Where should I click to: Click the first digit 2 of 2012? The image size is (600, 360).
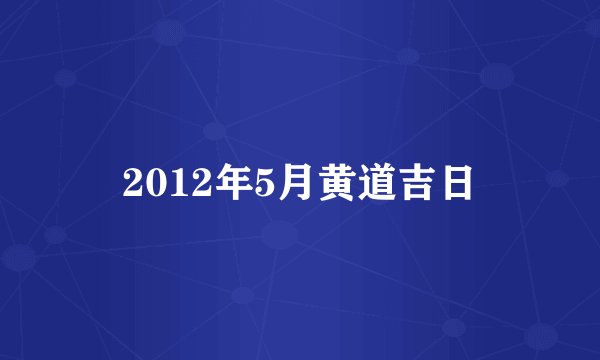(x=133, y=183)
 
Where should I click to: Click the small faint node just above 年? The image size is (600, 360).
(x=213, y=130)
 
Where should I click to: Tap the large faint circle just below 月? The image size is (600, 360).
(x=279, y=236)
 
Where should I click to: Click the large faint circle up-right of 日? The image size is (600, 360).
(x=497, y=76)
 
